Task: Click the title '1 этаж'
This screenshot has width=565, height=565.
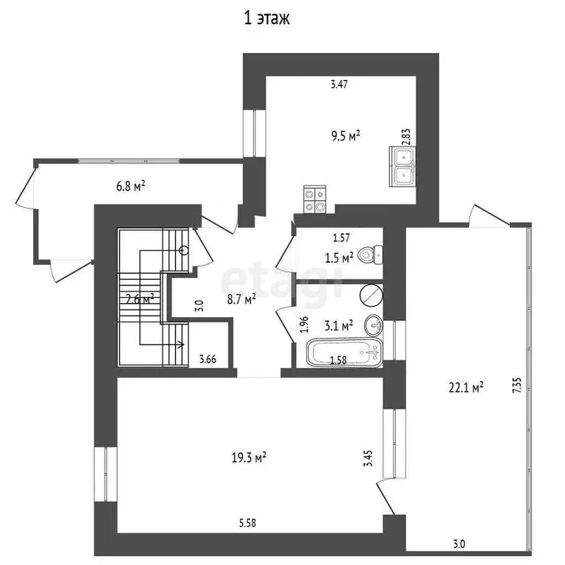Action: point(267,19)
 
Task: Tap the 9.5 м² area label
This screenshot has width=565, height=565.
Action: point(345,135)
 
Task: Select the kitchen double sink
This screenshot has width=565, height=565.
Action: point(402,166)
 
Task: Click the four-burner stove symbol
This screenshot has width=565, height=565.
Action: point(316,199)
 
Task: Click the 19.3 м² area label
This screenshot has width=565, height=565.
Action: point(249,457)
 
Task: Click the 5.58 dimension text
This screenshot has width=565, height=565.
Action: point(248,524)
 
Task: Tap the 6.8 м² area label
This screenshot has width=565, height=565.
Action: point(130,185)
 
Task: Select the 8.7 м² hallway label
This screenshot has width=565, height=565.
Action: point(241,299)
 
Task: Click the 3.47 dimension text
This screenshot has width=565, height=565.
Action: point(338,85)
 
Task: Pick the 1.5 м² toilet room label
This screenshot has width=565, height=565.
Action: point(339,257)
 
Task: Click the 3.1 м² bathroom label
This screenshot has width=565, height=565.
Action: point(339,323)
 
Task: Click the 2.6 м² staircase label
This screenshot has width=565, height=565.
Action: point(139,299)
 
